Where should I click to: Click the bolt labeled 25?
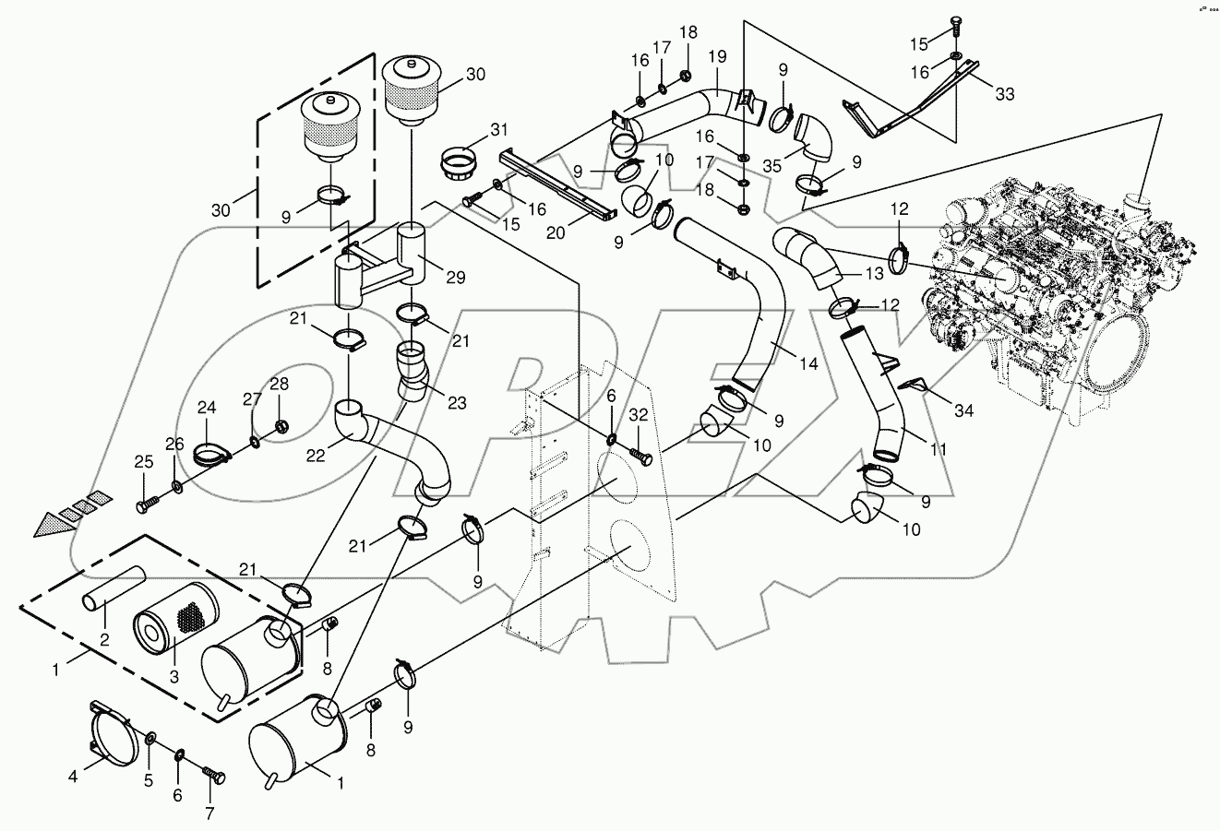point(147,505)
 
